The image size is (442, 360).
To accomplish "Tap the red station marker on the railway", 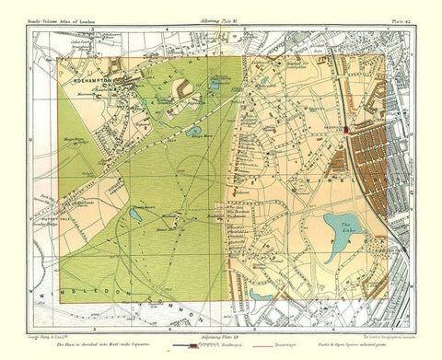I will [345, 130].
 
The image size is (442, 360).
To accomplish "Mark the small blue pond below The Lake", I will [262, 294].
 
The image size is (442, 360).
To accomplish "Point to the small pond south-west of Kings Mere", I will [135, 215].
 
